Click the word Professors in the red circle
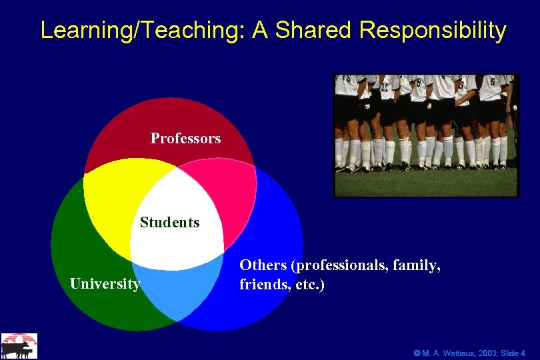tap(185, 139)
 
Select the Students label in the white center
tap(169, 223)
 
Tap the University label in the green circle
tap(105, 285)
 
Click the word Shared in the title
tap(316, 31)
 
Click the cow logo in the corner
tap(19, 346)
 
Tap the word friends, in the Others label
tap(261, 285)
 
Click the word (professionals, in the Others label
tap(340, 265)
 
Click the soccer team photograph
tap(426, 135)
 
